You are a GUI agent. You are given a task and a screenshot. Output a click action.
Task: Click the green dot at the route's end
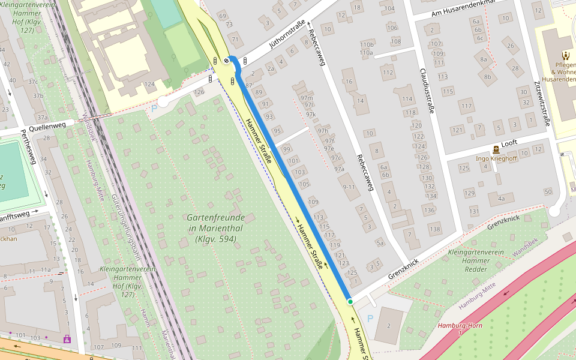click(x=350, y=301)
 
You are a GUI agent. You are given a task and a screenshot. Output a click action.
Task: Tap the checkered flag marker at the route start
click(x=226, y=60)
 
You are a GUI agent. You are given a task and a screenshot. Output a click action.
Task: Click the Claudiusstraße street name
click(x=427, y=90)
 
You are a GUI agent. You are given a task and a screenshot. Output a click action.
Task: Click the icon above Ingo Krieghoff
click(x=496, y=149)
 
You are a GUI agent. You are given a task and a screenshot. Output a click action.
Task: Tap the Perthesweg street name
click(x=29, y=147)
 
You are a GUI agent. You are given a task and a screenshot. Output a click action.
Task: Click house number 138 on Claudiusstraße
click(x=434, y=229)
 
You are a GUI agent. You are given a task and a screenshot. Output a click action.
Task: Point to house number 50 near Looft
click(x=547, y=191)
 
